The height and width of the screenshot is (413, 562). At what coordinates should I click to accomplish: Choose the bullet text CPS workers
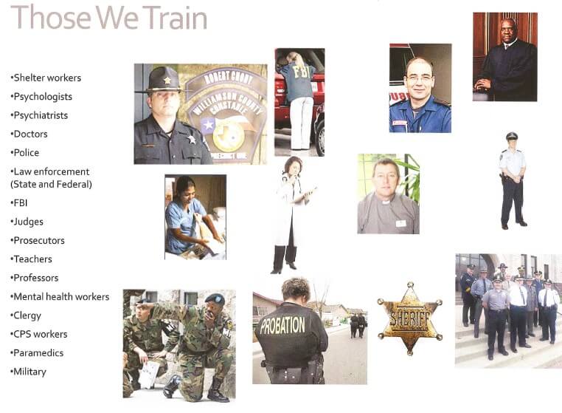pyautogui.click(x=40, y=335)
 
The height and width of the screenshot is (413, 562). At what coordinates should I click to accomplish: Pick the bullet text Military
pyautogui.click(x=30, y=372)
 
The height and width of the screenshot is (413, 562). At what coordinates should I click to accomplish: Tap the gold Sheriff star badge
pyautogui.click(x=410, y=318)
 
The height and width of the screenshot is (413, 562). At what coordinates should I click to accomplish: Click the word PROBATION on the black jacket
pyautogui.click(x=282, y=325)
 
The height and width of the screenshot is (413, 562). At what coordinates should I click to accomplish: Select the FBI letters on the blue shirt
pyautogui.click(x=299, y=71)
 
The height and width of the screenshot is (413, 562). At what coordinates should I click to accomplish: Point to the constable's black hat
pyautogui.click(x=163, y=80)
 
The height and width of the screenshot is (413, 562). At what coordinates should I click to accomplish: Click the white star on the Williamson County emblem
pyautogui.click(x=207, y=126)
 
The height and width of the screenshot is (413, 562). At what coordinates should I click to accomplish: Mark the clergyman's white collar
pyautogui.click(x=385, y=202)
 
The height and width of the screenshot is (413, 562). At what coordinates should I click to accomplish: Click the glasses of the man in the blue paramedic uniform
pyautogui.click(x=417, y=78)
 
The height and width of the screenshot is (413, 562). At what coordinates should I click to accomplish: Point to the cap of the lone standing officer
pyautogui.click(x=511, y=136)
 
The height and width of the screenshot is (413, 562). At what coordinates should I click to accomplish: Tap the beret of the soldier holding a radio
pyautogui.click(x=215, y=298)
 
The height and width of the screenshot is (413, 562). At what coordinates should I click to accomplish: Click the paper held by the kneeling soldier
pyautogui.click(x=149, y=375)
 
